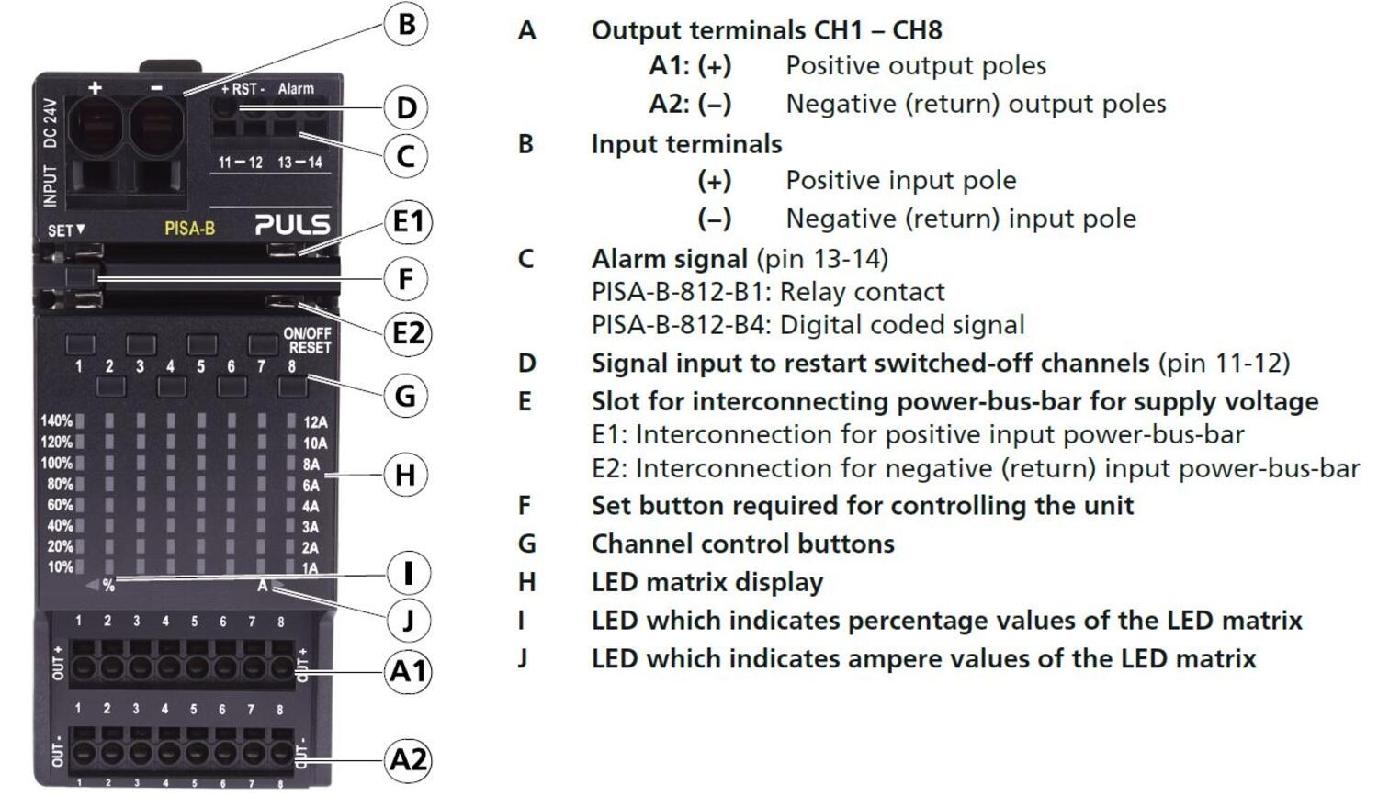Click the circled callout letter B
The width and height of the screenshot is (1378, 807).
point(406,24)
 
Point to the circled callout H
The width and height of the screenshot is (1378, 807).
point(406,475)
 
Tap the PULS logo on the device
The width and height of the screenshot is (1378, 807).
point(292,224)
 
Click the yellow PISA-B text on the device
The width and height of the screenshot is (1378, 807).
point(189,228)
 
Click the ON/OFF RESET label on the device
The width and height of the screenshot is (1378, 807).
point(307,341)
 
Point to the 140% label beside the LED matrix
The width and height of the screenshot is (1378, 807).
point(56,421)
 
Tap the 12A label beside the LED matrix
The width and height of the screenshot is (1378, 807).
point(315,422)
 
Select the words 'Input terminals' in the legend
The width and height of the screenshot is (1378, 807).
point(686,144)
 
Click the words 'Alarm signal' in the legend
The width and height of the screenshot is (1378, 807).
point(669,259)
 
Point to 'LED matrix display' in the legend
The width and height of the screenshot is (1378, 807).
point(706,582)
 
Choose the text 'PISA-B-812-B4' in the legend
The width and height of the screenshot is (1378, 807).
point(681,325)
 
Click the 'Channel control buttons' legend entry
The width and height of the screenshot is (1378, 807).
point(742,544)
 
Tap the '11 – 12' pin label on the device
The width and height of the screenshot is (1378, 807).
point(240,163)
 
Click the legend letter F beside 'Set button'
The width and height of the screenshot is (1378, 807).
point(525,506)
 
